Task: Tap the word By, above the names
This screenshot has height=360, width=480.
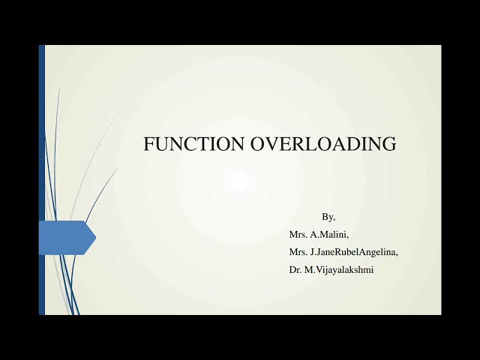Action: pyautogui.click(x=328, y=217)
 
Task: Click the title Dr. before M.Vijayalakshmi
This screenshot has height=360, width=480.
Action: pyautogui.click(x=295, y=269)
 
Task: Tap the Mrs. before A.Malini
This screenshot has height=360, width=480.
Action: pyautogui.click(x=298, y=234)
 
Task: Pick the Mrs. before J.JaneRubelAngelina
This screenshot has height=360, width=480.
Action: pyautogui.click(x=298, y=252)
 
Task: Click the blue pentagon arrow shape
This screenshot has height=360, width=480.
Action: pyautogui.click(x=64, y=238)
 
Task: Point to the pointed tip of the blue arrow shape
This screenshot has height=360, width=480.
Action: pyautogui.click(x=94, y=238)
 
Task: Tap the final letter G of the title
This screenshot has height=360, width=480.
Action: pyautogui.click(x=389, y=144)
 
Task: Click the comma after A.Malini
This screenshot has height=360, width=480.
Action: pyautogui.click(x=348, y=236)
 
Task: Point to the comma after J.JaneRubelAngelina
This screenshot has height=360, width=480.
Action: pyautogui.click(x=397, y=254)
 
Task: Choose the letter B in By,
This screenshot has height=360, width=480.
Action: pyautogui.click(x=325, y=216)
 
